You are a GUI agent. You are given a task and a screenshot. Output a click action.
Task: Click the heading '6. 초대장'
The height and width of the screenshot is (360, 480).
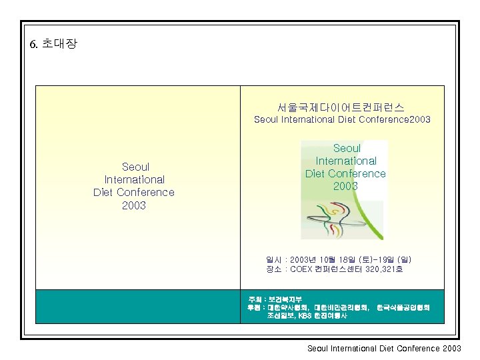(x=54, y=44)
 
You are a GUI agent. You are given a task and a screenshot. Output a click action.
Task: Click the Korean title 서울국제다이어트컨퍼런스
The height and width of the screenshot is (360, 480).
(x=341, y=107)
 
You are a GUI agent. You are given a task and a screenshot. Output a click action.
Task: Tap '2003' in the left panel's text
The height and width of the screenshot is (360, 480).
(x=133, y=205)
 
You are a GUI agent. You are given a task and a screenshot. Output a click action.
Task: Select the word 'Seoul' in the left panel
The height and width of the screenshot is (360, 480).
(x=135, y=167)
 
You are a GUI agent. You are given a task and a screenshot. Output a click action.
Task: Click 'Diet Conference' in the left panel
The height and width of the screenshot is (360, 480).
(x=133, y=193)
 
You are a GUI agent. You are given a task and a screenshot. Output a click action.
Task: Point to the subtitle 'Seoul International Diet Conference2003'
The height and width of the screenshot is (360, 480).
(x=342, y=120)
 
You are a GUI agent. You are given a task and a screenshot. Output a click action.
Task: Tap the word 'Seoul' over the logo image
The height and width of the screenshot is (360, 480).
(x=346, y=148)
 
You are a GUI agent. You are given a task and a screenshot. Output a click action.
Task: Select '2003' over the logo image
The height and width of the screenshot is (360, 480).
(x=345, y=186)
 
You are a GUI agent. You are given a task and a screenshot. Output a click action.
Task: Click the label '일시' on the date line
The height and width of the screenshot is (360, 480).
(x=273, y=259)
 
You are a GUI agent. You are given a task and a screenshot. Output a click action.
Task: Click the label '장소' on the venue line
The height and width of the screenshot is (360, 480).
(x=273, y=269)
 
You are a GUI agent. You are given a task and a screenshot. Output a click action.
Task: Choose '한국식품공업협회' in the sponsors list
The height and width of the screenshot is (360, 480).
(x=403, y=307)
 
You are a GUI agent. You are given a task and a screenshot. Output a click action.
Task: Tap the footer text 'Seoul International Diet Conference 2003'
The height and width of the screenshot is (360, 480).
(x=384, y=348)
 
